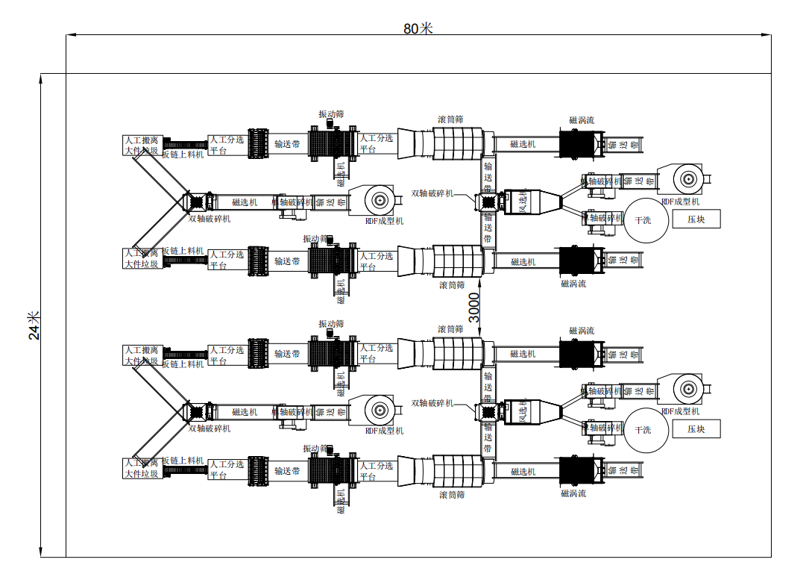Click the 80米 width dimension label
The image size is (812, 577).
(x=418, y=28)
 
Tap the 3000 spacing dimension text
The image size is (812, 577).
(x=473, y=308)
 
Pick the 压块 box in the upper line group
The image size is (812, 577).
(x=696, y=219)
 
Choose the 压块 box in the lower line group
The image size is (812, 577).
(x=696, y=428)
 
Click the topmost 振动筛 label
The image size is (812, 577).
(x=331, y=114)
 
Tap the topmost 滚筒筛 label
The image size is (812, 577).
(x=450, y=119)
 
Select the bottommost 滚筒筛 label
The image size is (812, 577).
(x=452, y=494)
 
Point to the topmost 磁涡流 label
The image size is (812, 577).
(x=582, y=119)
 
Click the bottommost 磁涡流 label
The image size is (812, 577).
(x=573, y=493)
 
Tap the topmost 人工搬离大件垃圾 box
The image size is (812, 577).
(x=142, y=145)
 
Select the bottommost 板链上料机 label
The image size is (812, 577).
(x=183, y=461)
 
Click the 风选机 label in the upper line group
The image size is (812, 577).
(x=523, y=201)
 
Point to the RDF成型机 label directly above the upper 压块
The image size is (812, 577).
(x=680, y=202)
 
